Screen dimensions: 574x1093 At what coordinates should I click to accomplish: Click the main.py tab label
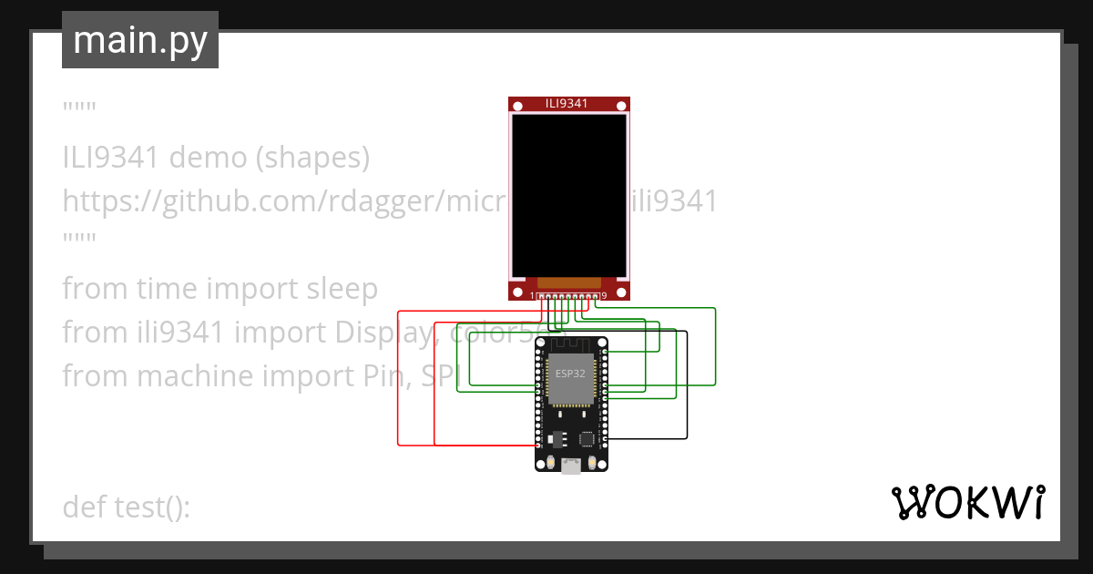point(139,40)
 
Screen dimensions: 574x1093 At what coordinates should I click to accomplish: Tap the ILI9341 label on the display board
point(567,103)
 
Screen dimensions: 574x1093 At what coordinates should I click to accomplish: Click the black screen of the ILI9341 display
point(569,196)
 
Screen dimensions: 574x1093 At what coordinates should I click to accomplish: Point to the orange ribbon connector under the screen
point(569,283)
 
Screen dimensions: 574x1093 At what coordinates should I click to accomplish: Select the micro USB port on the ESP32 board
point(571,466)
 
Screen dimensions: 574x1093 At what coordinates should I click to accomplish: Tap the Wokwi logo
point(967,503)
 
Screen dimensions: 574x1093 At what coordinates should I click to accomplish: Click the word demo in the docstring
point(210,158)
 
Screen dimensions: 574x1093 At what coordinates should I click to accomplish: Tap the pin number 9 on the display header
point(605,295)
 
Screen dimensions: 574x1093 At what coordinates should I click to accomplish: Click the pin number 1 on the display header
point(533,295)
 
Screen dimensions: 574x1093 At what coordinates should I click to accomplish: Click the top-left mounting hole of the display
point(517,106)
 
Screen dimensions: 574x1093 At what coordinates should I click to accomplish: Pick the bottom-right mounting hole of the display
point(621,292)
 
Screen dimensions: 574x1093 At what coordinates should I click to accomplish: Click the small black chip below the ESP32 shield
point(586,438)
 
